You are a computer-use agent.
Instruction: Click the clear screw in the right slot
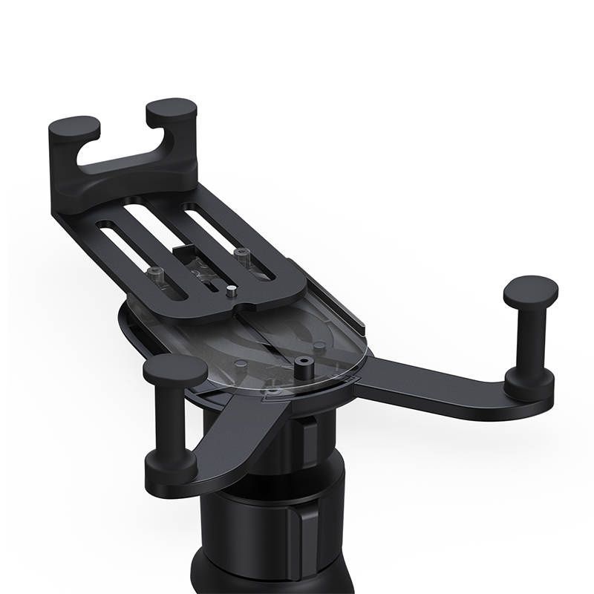(x=240, y=256)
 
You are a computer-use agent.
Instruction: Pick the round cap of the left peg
(x=175, y=369)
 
